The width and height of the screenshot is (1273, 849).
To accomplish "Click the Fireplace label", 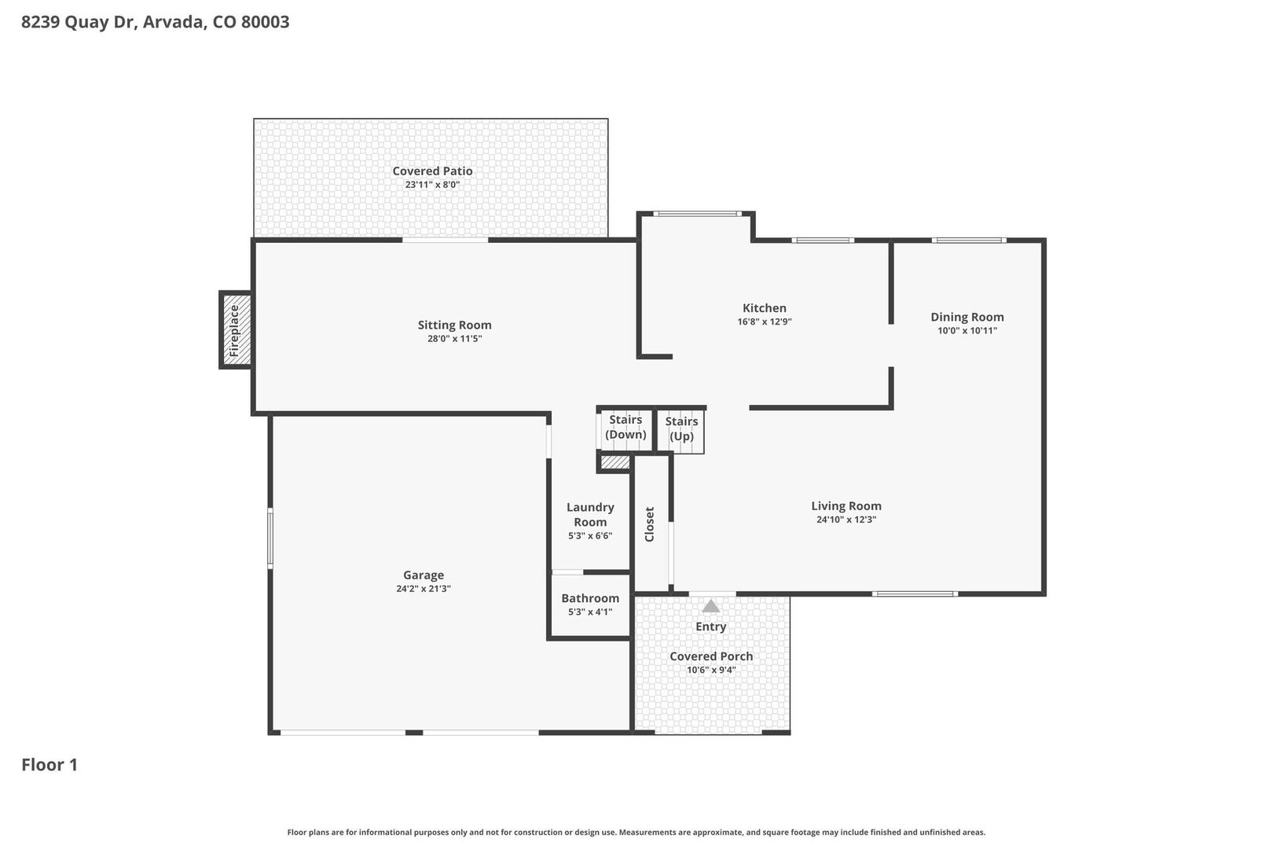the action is (x=234, y=330).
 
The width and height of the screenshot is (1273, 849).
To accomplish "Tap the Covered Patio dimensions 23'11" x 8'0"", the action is (x=432, y=185).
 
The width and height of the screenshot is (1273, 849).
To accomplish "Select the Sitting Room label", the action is (x=455, y=325).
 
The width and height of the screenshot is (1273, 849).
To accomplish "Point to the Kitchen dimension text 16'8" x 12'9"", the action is (x=765, y=322).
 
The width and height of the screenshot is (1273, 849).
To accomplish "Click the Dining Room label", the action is (x=967, y=318).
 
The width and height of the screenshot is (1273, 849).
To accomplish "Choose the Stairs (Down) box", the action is (x=625, y=430).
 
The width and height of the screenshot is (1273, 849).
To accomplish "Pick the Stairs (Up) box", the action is (x=681, y=432).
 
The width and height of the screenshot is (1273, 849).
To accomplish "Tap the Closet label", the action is (x=650, y=524).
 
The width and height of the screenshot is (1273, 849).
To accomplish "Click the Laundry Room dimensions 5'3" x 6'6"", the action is (x=590, y=535).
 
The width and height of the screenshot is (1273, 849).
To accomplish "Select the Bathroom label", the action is (x=590, y=598).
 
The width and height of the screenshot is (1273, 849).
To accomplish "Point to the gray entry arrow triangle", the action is (x=710, y=606).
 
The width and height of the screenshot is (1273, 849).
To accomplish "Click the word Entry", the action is (x=711, y=627).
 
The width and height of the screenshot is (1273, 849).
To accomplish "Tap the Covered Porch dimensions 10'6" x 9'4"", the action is (x=711, y=670).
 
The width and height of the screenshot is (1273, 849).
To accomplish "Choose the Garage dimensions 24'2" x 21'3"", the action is (x=424, y=589).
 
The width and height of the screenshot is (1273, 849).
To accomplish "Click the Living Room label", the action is (x=846, y=506).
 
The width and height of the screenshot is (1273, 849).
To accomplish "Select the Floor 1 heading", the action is (x=50, y=765).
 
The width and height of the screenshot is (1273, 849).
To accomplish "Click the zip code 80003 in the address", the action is (x=266, y=21).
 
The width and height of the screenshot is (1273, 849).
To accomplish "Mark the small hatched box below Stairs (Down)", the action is (x=615, y=462).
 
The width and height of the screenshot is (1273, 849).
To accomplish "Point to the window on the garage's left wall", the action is (x=270, y=538).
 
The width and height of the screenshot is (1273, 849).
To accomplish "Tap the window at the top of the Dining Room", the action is (x=969, y=241).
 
